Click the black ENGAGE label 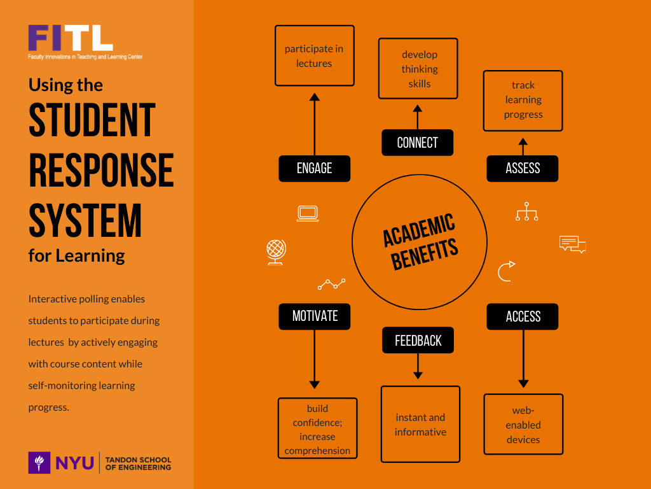[x=314, y=168]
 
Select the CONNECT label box [x=417, y=143]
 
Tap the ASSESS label [x=523, y=168]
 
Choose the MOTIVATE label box [x=314, y=316]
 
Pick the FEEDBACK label [x=418, y=341]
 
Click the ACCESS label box [x=523, y=316]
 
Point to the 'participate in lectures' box [x=314, y=55]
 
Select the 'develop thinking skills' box [x=418, y=69]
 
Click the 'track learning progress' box [x=523, y=100]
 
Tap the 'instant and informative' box [x=420, y=424]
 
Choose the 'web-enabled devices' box [x=523, y=425]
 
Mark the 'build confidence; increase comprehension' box [x=317, y=429]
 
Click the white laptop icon [x=308, y=213]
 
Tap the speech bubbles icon [x=572, y=244]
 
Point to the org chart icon [x=526, y=211]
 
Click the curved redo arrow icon [x=506, y=271]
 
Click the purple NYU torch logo [x=39, y=462]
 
